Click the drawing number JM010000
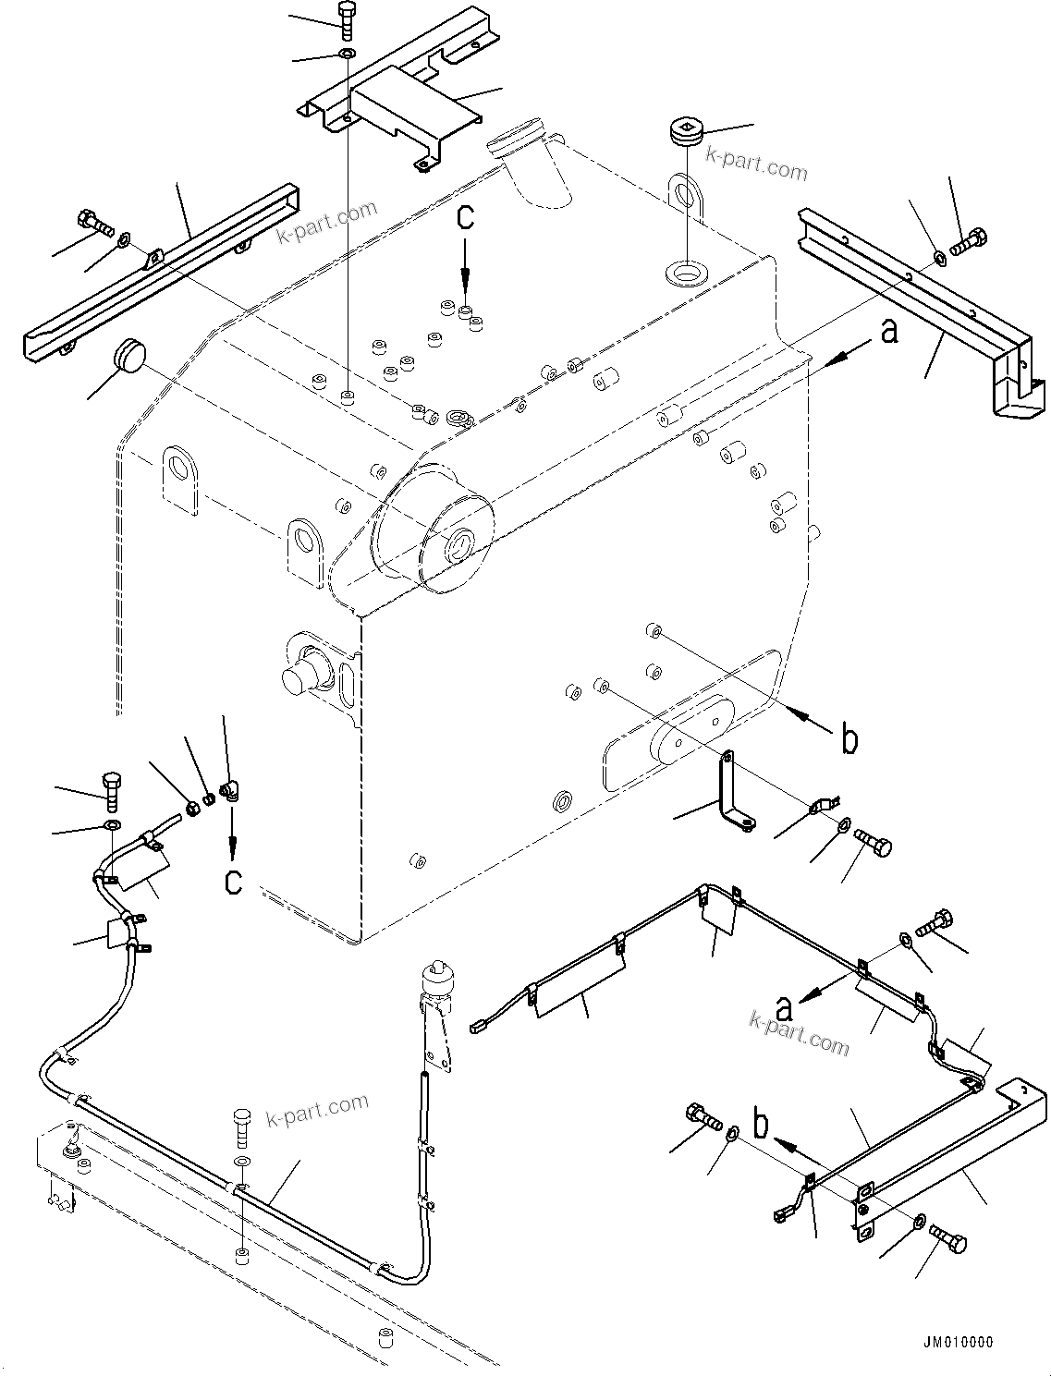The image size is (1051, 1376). [x=956, y=1342]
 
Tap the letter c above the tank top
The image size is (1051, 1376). [x=465, y=218]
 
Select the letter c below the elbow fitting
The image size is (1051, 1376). [x=233, y=881]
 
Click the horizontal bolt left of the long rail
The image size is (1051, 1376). [x=93, y=222]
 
